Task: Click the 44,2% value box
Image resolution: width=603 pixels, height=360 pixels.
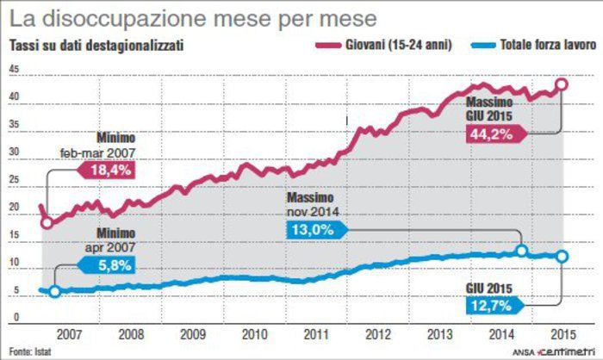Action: (489, 133)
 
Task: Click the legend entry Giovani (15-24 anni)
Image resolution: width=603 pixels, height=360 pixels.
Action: (401, 41)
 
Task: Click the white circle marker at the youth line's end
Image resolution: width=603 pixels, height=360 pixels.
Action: (561, 84)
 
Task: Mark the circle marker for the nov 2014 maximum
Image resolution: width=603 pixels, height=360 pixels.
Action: (521, 251)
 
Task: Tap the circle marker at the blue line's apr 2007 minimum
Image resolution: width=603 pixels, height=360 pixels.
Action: (55, 292)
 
